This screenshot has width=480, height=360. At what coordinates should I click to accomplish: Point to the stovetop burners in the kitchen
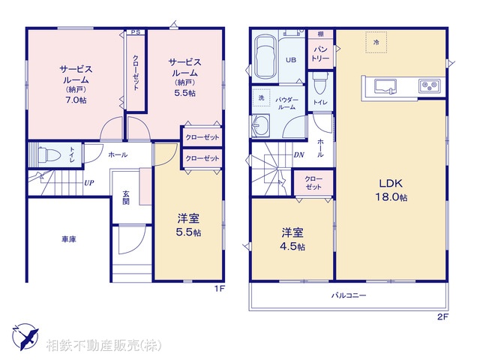click(429, 85)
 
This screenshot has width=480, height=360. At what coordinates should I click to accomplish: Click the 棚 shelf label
click(320, 34)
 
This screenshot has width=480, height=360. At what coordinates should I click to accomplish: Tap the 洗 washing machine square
click(262, 99)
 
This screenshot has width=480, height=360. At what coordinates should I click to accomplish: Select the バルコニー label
click(349, 296)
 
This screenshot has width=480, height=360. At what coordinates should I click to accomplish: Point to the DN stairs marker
click(298, 155)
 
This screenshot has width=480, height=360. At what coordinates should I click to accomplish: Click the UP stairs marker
click(88, 182)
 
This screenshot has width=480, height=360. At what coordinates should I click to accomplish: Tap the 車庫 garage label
click(69, 239)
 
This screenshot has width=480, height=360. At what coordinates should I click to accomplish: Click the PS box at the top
click(135, 32)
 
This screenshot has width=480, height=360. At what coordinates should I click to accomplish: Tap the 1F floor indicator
click(219, 287)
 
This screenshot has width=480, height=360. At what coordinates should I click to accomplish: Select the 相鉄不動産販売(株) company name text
click(103, 345)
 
